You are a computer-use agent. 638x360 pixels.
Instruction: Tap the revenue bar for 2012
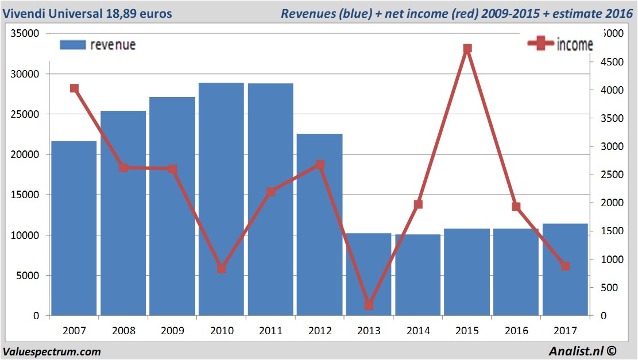[x=319, y=224]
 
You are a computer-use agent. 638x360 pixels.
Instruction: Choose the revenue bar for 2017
[x=565, y=270]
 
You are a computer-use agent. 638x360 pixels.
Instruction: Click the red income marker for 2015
[x=467, y=49]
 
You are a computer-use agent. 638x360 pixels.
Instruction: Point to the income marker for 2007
[x=74, y=88]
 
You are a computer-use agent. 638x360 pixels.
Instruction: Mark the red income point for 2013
[x=369, y=305]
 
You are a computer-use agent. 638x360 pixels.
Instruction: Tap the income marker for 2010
[x=222, y=269]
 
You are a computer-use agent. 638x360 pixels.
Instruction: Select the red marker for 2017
[x=565, y=266]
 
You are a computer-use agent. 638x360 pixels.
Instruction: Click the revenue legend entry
[x=98, y=45]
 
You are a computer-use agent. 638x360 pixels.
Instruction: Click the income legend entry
[x=560, y=44]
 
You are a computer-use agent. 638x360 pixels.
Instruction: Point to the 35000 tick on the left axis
[x=25, y=34]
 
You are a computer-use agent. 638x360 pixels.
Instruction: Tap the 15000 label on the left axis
[x=25, y=195]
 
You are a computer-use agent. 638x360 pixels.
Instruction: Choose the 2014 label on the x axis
[x=418, y=331]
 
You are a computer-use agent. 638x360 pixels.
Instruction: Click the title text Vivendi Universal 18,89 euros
[x=87, y=13]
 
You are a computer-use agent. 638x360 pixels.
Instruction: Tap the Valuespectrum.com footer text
[x=52, y=351]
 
